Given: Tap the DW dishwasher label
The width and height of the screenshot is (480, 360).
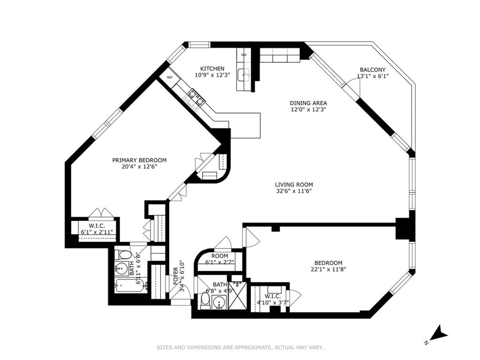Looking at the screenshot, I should click(x=244, y=55).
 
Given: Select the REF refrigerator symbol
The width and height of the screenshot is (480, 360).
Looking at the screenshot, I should click(x=170, y=77).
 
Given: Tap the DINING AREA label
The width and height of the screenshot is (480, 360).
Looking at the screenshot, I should click(x=306, y=102).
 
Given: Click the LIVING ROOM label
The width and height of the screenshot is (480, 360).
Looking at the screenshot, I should click(x=294, y=184).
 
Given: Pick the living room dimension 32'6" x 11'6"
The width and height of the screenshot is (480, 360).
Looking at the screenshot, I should click(x=294, y=191).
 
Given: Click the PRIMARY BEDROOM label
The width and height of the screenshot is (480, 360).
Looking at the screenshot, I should click(x=139, y=160).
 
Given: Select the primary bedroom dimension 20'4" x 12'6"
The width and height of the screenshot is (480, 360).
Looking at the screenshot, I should click(x=139, y=167).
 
